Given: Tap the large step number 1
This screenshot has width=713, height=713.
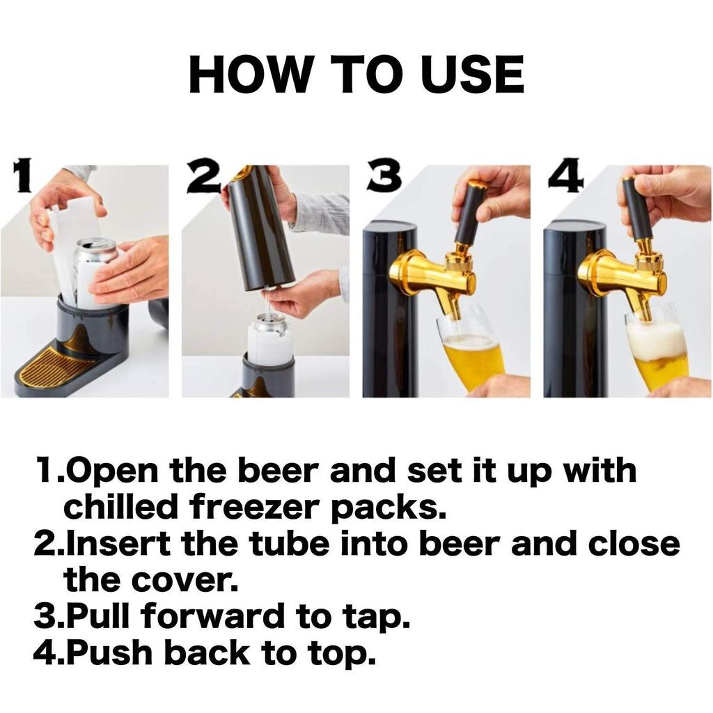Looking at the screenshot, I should [23, 177].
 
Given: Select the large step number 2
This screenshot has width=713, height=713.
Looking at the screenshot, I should [203, 178].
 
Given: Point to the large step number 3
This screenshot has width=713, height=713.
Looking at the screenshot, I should [384, 177].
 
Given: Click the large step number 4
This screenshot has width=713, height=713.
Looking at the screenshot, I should [565, 178].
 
